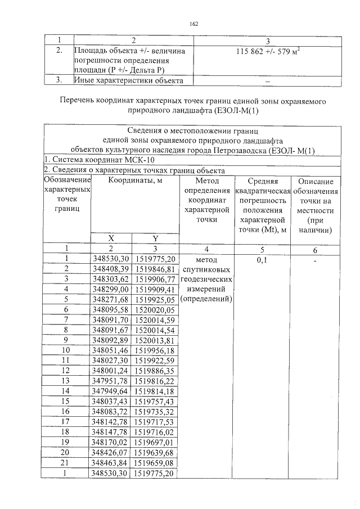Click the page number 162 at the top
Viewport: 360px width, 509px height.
tap(194, 24)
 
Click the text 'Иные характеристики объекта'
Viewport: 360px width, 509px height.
tap(129, 80)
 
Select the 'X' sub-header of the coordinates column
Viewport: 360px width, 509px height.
tap(111, 238)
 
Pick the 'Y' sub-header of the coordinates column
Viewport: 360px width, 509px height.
tap(155, 238)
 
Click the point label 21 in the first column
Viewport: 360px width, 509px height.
tap(67, 462)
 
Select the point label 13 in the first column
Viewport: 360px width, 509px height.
tap(67, 380)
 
